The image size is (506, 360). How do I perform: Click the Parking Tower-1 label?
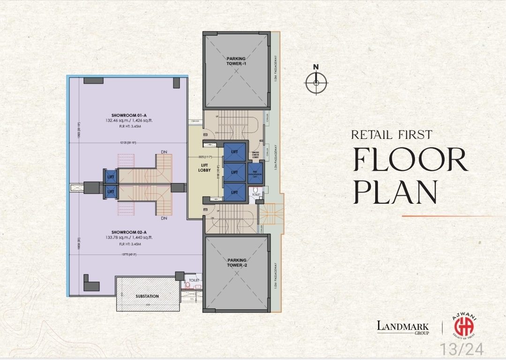236,61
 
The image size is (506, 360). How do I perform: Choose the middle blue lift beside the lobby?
234,172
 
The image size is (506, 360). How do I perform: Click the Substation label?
147,296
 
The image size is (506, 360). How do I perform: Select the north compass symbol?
316,83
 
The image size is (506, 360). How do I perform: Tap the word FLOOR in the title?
410,160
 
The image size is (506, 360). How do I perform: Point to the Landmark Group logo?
402,326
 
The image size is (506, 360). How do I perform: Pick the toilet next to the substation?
194,284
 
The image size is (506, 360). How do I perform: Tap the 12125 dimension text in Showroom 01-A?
128,142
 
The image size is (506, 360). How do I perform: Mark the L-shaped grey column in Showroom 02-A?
91,283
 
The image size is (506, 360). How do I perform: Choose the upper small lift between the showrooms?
111,176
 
